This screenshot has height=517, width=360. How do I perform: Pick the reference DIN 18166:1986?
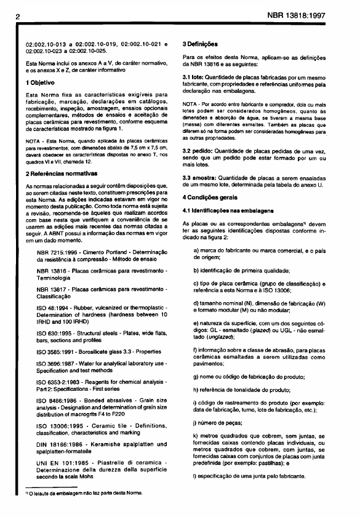tap(61, 444)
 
